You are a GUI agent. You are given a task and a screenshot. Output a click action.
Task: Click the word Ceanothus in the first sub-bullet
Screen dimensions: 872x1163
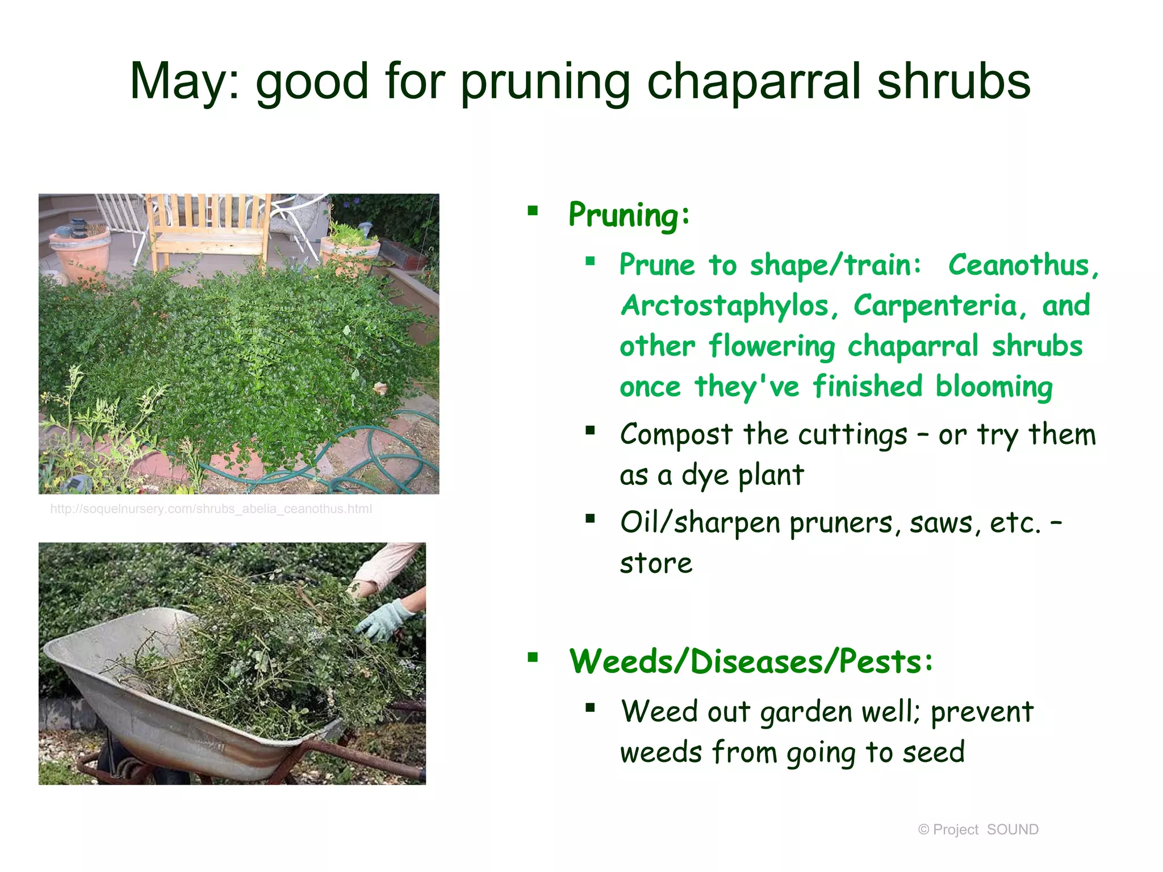[1023, 265]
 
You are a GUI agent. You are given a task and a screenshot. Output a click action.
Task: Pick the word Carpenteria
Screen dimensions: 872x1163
[940, 306]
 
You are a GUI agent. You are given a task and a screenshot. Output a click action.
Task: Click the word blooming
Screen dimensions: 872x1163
[994, 388]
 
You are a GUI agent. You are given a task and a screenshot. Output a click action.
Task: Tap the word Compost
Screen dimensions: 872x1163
[676, 435]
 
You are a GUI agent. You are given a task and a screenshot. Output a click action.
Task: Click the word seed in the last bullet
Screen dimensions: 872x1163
[934, 753]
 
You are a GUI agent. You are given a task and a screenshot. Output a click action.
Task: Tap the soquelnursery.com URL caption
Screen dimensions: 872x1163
[211, 509]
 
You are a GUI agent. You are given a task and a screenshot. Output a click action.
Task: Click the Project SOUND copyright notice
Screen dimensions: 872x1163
[978, 830]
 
